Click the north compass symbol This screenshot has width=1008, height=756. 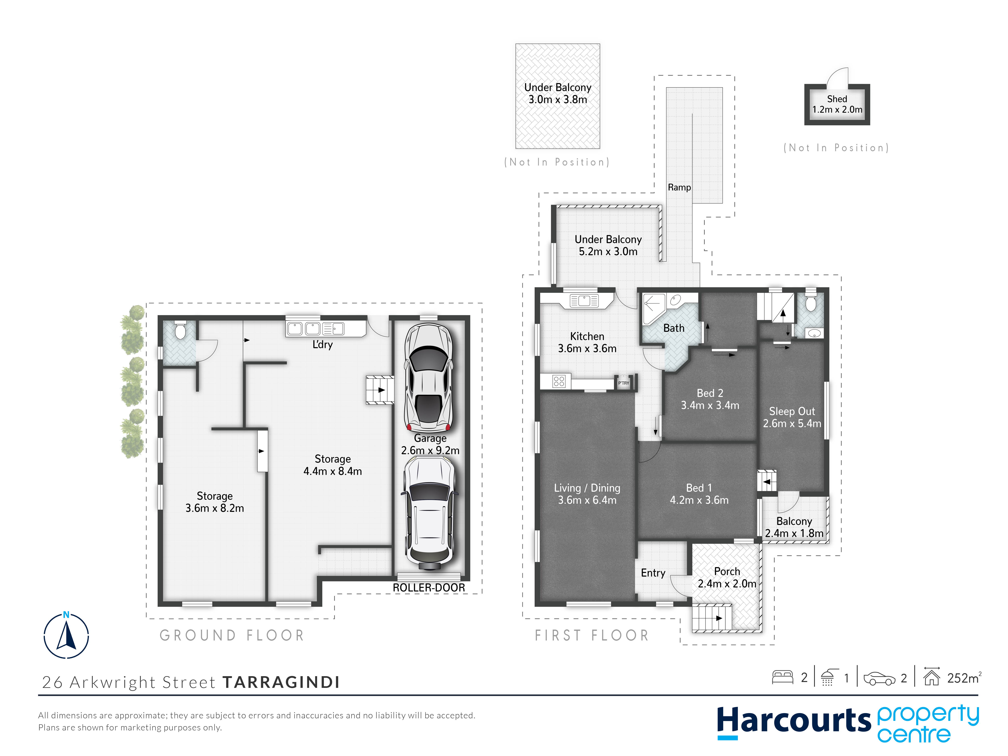66,635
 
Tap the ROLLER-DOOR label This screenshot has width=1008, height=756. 429,588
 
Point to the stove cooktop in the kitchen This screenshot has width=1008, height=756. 559,381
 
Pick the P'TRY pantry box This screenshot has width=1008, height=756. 623,383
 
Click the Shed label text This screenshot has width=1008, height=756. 837,99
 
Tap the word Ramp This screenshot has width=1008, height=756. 679,187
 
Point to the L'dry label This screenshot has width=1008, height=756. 323,345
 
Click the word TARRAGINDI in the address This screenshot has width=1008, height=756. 281,682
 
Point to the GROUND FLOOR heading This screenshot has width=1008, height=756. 231,635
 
